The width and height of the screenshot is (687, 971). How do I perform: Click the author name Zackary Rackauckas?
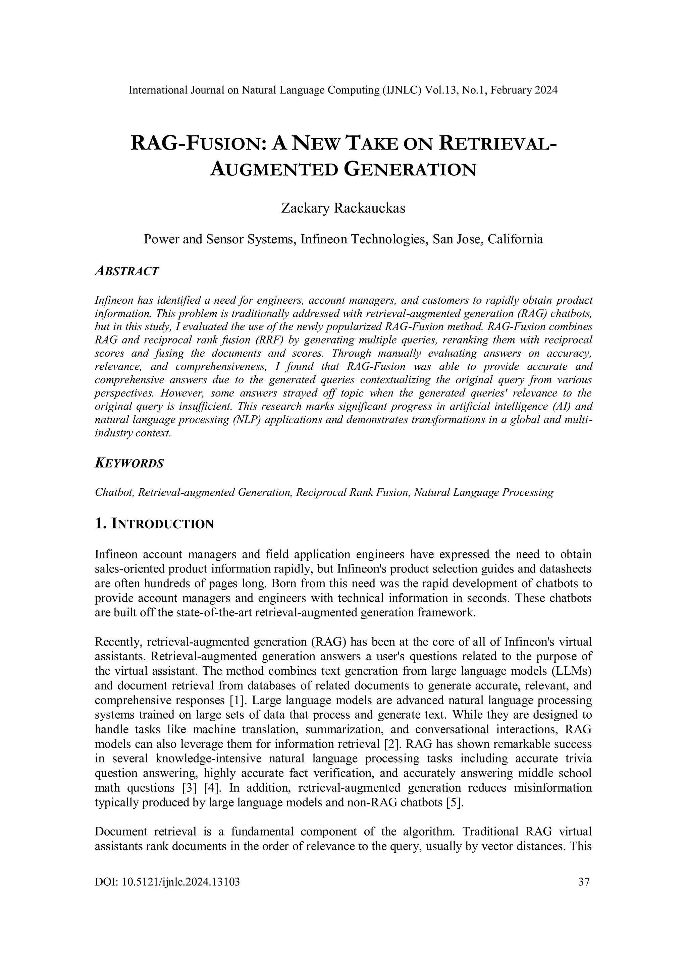point(343,208)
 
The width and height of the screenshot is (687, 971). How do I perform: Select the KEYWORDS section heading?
point(129,464)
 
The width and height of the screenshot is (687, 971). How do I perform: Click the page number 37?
point(584,882)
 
